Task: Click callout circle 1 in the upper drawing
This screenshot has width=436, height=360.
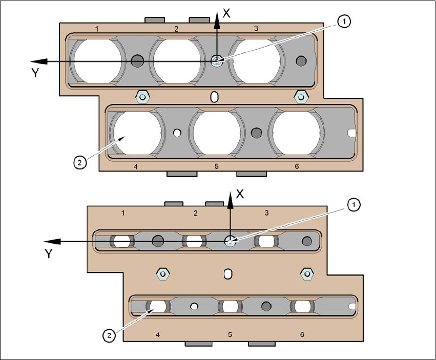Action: click(x=345, y=21)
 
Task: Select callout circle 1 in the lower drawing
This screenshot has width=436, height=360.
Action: click(x=354, y=205)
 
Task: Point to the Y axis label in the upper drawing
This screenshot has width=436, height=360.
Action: click(x=35, y=73)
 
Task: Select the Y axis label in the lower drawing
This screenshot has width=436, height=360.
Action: click(x=49, y=253)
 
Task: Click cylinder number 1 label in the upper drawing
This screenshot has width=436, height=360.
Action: click(x=97, y=29)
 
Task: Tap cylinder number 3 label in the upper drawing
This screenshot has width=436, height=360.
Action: click(x=256, y=29)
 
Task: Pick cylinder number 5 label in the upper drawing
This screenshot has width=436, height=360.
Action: click(x=216, y=166)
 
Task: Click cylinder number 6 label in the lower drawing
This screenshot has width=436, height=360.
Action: click(x=302, y=334)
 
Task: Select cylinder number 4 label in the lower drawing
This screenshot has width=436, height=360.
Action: click(x=158, y=334)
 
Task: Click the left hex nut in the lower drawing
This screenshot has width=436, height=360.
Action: click(x=162, y=273)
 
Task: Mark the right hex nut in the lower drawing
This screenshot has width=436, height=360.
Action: click(x=306, y=273)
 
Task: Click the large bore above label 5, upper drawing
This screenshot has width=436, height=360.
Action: click(x=216, y=133)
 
